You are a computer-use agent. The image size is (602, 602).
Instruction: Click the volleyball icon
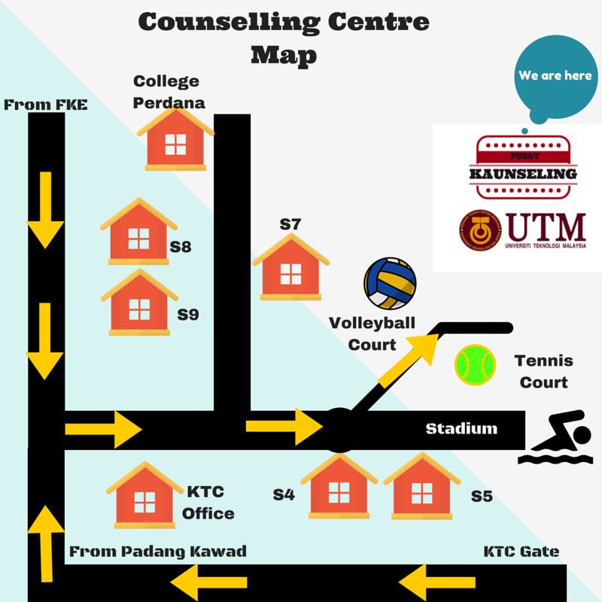pos(390,284)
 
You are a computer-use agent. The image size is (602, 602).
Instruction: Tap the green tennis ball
pos(476,364)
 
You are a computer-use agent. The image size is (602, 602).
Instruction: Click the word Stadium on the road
pos(461,429)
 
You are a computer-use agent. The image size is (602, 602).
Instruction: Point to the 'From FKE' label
pos(46,105)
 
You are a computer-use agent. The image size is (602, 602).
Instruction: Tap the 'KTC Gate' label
pos(521,552)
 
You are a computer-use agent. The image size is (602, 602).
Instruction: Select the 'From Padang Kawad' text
pos(158,552)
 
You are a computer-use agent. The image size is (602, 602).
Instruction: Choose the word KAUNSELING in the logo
pos(523,174)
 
